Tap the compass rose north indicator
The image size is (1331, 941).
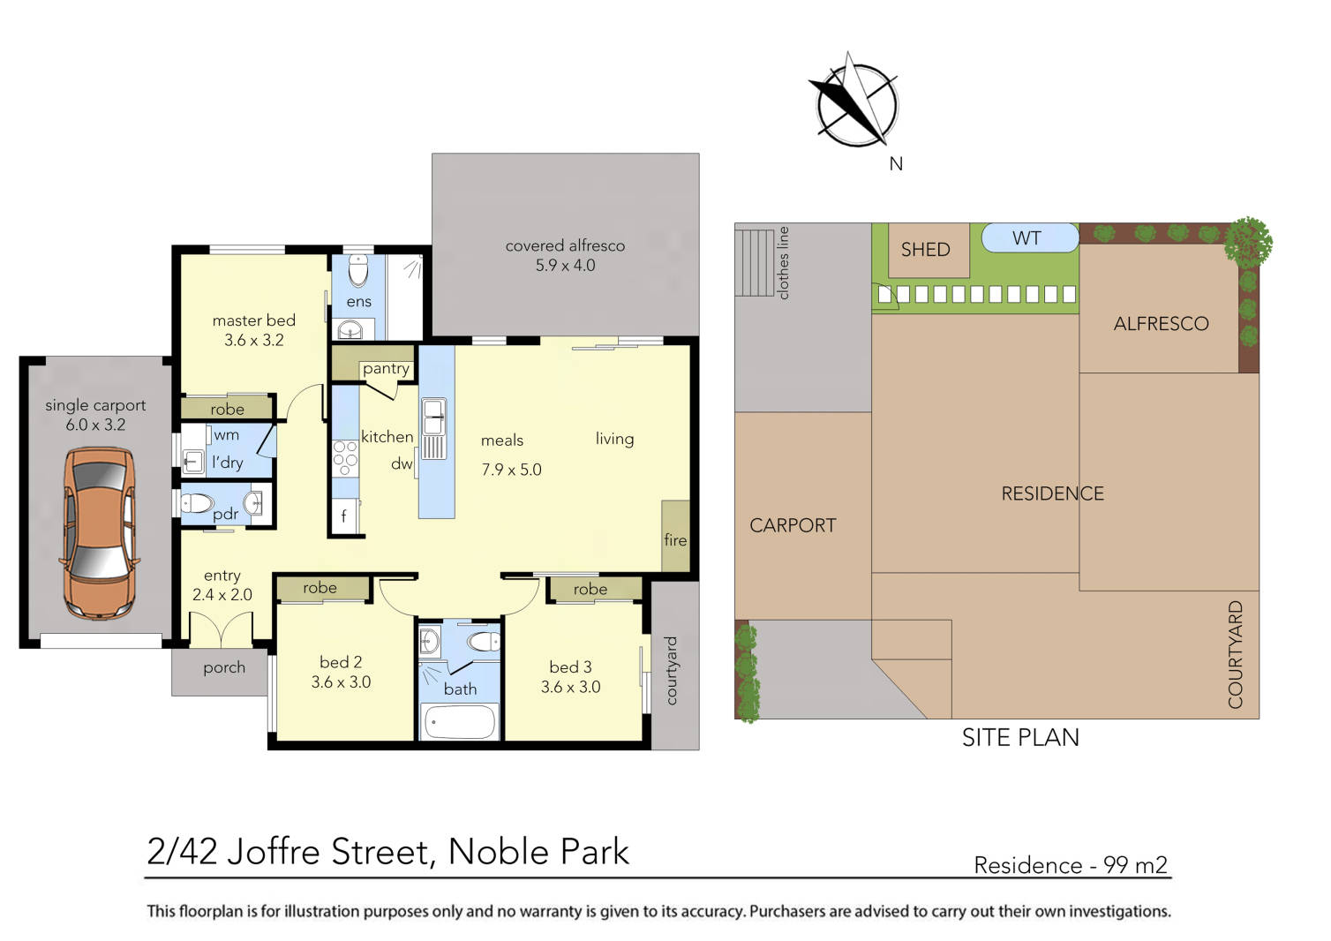(855, 103)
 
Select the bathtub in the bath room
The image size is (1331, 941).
(460, 721)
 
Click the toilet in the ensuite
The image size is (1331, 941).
(358, 270)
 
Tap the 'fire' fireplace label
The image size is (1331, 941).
(675, 539)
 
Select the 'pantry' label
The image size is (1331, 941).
(386, 368)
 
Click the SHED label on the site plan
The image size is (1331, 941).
(925, 250)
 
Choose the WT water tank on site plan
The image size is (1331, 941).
(1027, 238)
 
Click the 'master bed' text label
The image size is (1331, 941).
(254, 320)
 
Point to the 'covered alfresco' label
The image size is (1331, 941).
(565, 245)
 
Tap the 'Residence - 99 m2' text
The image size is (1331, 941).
(1070, 865)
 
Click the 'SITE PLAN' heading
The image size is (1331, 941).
(1020, 737)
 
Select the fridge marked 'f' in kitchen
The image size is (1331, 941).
(344, 516)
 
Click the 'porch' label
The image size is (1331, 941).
(224, 667)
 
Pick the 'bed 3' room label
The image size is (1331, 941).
(570, 666)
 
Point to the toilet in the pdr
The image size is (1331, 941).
(199, 503)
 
